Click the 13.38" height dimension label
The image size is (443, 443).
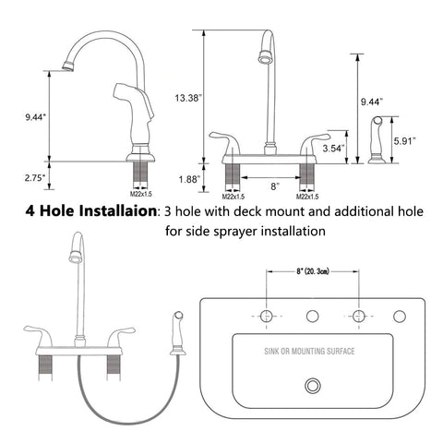(x=188, y=98)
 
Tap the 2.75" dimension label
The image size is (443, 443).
(x=35, y=178)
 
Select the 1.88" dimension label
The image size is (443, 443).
(x=189, y=179)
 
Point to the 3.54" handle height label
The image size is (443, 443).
(x=332, y=149)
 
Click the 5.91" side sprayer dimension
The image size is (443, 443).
(x=405, y=141)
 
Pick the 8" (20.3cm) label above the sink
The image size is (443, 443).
(x=313, y=271)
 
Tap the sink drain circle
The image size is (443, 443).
(x=313, y=386)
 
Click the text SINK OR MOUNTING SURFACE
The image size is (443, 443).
(x=309, y=351)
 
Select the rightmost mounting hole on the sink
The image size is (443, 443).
(x=400, y=317)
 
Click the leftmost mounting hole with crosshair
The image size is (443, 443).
(x=267, y=316)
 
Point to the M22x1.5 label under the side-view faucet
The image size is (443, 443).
(x=141, y=194)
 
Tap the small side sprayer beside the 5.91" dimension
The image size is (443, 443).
(x=377, y=139)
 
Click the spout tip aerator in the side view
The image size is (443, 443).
(x=68, y=66)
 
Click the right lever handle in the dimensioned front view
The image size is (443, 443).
(x=315, y=143)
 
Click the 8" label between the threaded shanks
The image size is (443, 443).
(x=275, y=186)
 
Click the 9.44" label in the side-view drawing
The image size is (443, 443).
(x=35, y=117)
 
